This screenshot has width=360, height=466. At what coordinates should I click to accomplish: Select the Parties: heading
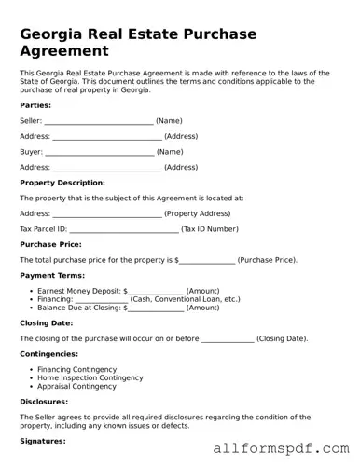click(35, 105)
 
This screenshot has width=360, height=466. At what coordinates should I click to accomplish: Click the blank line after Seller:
click(99, 121)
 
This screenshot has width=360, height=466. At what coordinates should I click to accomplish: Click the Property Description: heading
click(62, 183)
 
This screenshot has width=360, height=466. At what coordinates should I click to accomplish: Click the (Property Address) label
click(197, 213)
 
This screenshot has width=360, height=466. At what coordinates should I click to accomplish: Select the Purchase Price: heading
click(50, 244)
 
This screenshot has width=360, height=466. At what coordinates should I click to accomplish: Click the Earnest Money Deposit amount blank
click(156, 291)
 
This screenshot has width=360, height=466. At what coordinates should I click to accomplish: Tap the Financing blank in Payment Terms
click(101, 299)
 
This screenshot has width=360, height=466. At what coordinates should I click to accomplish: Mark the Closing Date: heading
click(46, 322)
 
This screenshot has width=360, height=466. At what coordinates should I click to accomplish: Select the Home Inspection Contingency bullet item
click(90, 377)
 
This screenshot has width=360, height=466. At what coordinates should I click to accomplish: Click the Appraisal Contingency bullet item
click(76, 386)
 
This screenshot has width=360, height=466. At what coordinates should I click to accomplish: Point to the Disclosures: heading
click(44, 402)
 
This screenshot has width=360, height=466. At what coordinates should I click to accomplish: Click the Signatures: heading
click(43, 440)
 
